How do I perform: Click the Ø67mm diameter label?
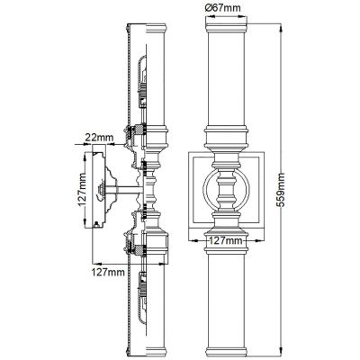click(223, 8)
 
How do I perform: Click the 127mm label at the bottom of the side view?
click(109, 269)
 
